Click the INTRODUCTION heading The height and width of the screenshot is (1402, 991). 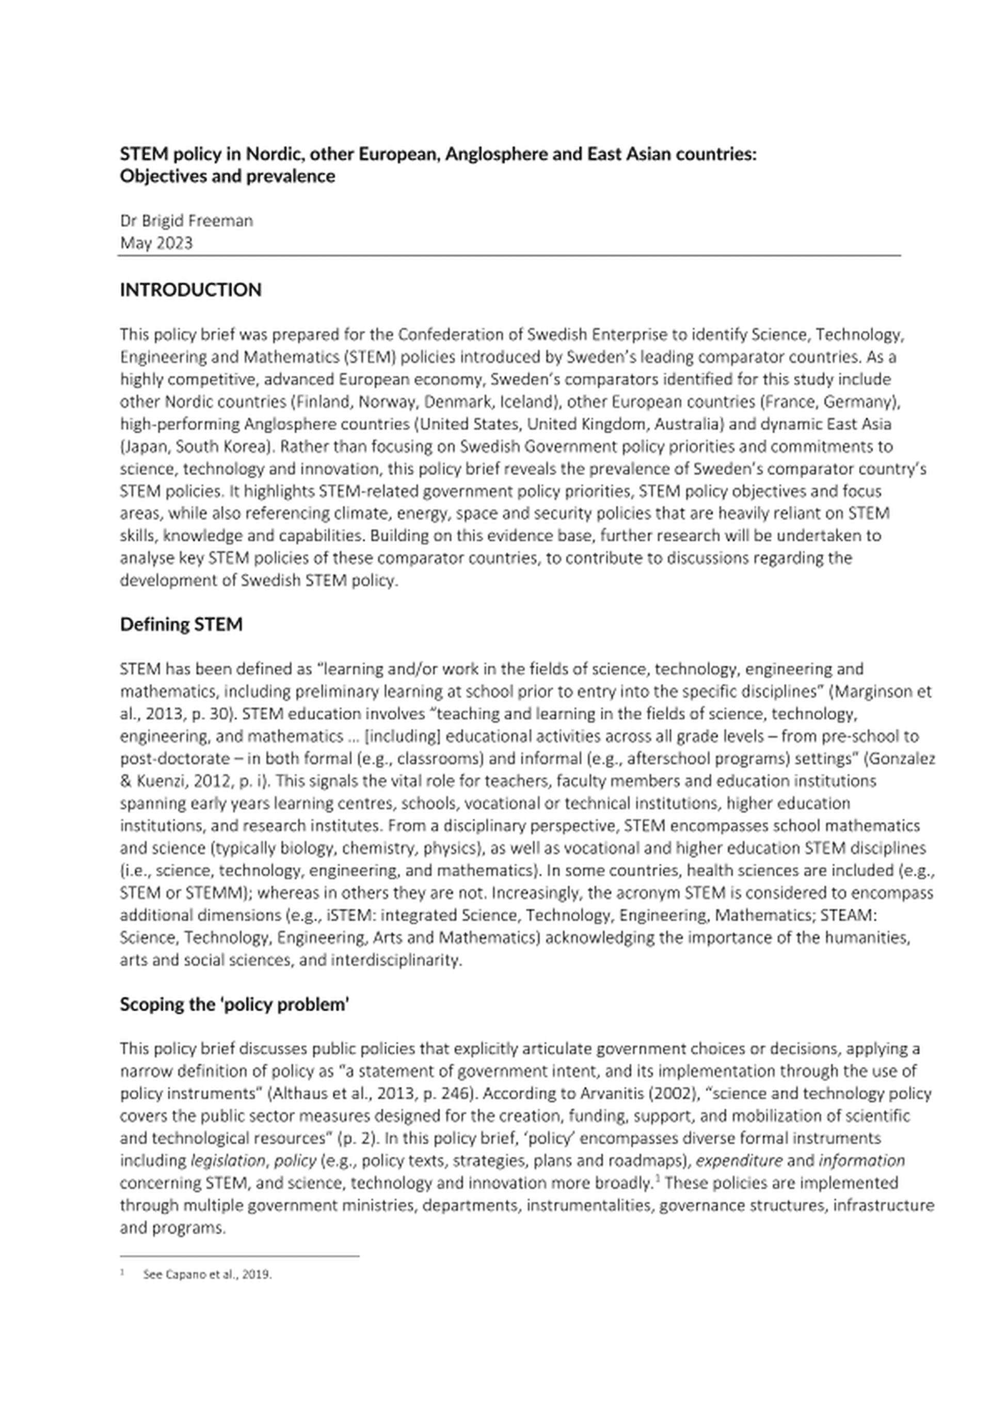pos(190,289)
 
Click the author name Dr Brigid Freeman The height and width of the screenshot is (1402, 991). pos(186,220)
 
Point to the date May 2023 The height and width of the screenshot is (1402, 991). pos(156,243)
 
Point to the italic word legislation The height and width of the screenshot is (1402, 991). pos(227,1160)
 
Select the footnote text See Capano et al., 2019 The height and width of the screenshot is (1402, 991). pos(207,1275)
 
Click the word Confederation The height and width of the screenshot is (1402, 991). pos(449,334)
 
